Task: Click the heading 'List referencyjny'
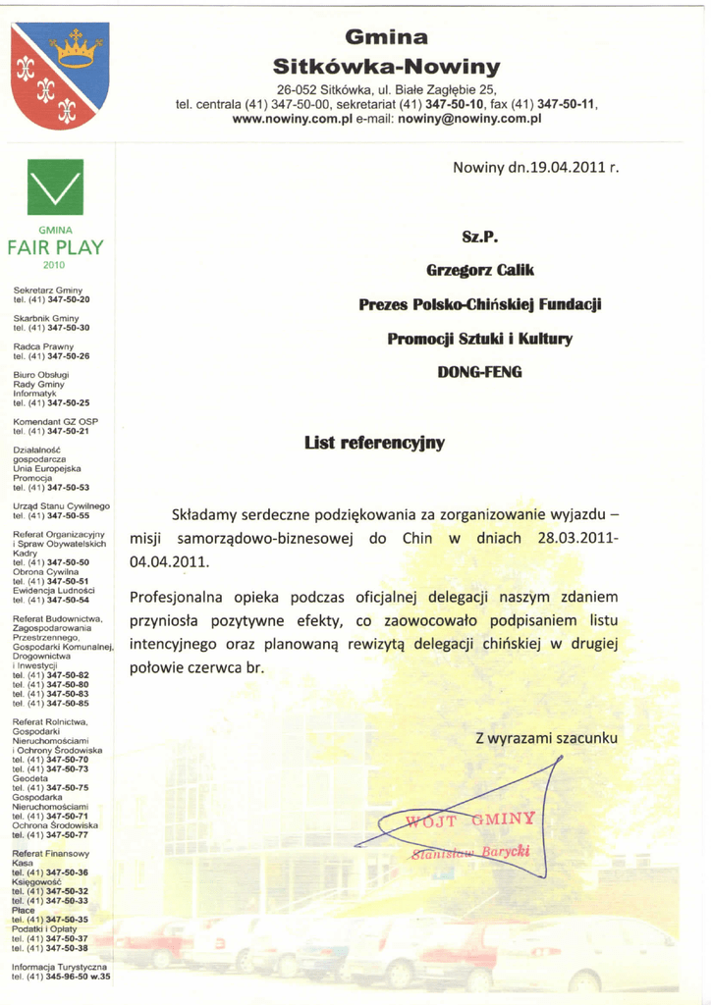376,443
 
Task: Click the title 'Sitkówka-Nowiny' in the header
387,68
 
